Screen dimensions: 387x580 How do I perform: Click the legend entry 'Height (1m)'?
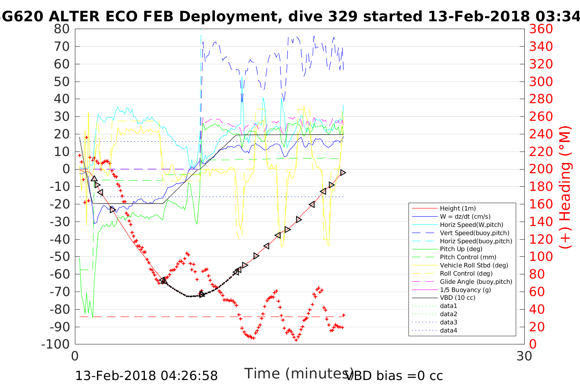coord(458,208)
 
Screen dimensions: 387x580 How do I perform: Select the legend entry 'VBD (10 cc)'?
coord(458,298)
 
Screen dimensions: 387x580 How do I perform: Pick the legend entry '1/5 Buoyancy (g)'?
coord(465,290)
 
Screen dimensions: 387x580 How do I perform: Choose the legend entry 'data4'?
coord(449,330)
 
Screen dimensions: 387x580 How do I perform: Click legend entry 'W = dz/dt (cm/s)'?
coord(465,217)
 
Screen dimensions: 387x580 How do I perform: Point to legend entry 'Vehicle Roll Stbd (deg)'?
coord(474,265)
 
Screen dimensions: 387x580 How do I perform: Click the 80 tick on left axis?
coord(62,29)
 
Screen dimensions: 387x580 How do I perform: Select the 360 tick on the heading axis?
coord(541,29)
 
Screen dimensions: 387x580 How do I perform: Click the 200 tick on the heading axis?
coord(541,169)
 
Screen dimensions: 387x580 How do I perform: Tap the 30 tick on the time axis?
coord(524,356)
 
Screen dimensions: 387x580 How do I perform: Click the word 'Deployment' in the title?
coord(228,16)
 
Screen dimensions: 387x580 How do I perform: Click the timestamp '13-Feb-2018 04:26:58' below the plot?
coord(147,376)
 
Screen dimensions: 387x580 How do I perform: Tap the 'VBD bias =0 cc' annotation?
coord(395,376)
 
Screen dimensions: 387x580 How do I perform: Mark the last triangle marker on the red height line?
coord(343,173)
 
